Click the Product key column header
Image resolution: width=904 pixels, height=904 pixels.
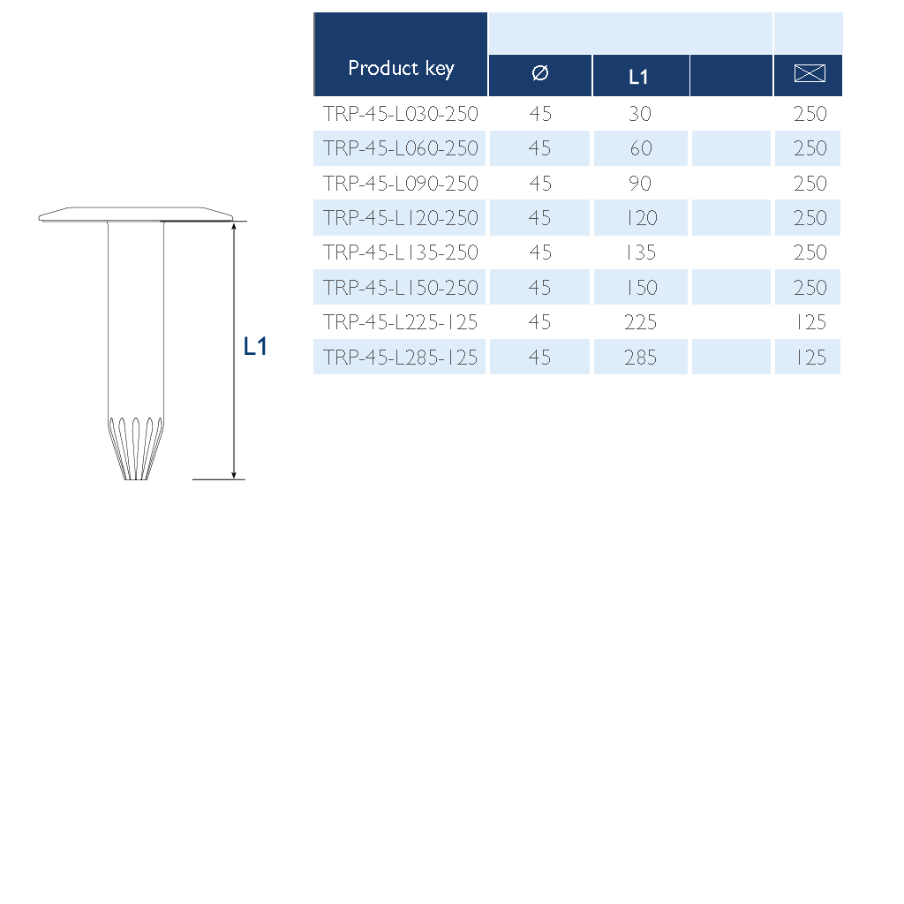coord(401,69)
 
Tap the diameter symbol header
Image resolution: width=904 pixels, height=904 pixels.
coord(540,72)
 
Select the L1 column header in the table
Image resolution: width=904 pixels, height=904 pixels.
coord(638,77)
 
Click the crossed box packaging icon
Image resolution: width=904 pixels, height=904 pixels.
coord(810,73)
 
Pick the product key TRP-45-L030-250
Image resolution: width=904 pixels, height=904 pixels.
coord(400,114)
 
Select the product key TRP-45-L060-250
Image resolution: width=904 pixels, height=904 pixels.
coord(400,148)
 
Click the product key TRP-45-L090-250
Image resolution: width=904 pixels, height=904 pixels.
coord(400,184)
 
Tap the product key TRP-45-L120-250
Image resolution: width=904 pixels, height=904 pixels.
coord(400,218)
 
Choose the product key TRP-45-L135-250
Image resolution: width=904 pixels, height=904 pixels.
coord(400,252)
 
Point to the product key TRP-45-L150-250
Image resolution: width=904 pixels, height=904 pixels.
coord(400,288)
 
